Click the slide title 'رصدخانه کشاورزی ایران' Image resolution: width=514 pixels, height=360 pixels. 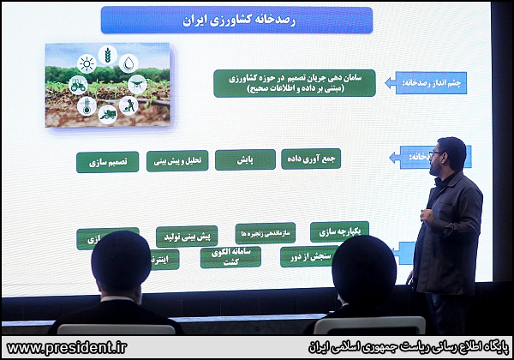[x=236, y=20]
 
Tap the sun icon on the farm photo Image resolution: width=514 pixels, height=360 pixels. [x=86, y=63]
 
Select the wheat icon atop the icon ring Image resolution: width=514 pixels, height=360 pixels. [x=108, y=55]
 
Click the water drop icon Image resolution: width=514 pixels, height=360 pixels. [x=128, y=63]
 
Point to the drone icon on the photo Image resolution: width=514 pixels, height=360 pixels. [x=137, y=84]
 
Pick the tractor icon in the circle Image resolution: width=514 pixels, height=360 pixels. [x=78, y=84]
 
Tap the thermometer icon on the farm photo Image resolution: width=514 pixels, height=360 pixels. [x=86, y=105]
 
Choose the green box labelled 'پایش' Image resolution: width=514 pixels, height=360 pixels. [x=245, y=159]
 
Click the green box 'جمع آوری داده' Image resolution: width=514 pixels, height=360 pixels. [x=311, y=159]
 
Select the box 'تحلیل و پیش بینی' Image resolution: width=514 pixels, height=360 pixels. [x=177, y=160]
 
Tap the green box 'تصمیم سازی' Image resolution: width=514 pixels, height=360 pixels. [x=107, y=162]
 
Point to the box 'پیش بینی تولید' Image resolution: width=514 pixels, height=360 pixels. [x=187, y=236]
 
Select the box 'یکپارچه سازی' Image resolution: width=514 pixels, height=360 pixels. [x=339, y=231]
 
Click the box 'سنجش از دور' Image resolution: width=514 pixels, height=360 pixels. [x=309, y=256]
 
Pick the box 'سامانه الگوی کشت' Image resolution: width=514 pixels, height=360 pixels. [x=230, y=256]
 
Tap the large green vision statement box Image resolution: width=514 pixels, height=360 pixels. [x=294, y=83]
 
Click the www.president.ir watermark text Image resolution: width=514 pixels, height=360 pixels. [x=67, y=347]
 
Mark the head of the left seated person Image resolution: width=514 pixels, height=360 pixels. [x=121, y=261]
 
